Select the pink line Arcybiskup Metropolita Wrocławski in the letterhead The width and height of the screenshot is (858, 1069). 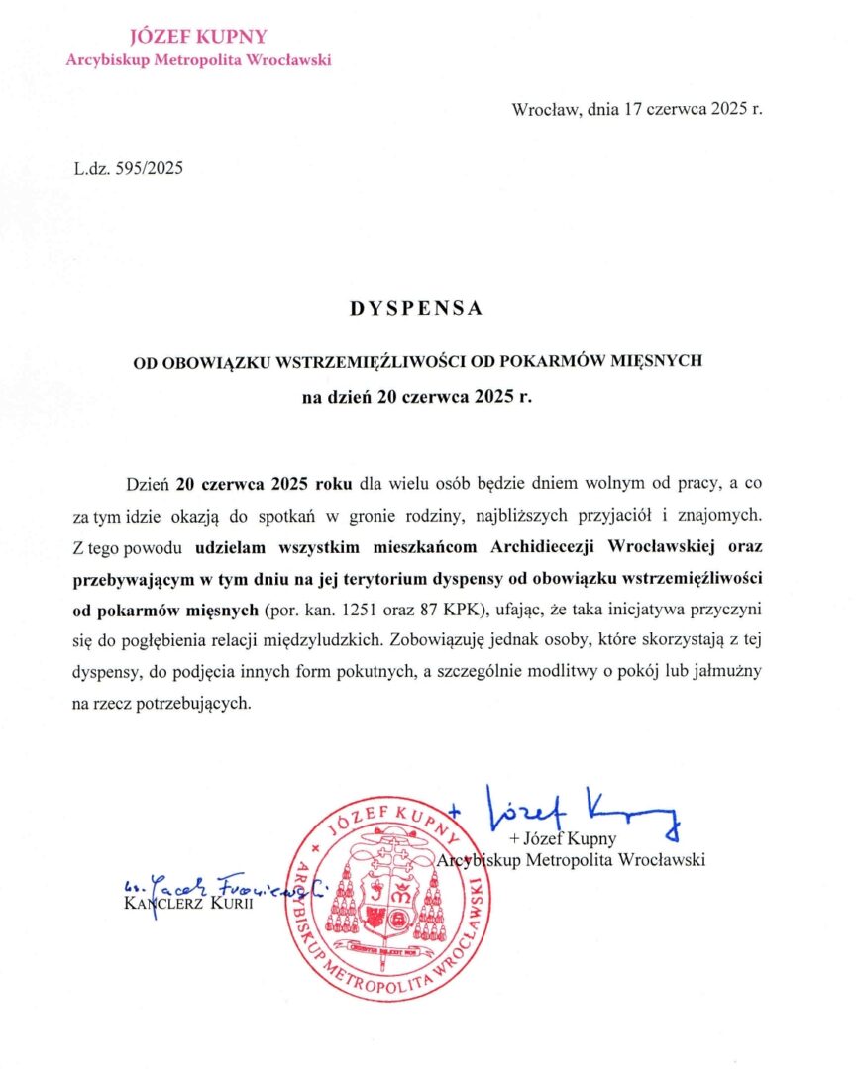198,60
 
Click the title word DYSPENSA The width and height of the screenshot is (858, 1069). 415,308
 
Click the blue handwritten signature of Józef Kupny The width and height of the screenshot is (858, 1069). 580,810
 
